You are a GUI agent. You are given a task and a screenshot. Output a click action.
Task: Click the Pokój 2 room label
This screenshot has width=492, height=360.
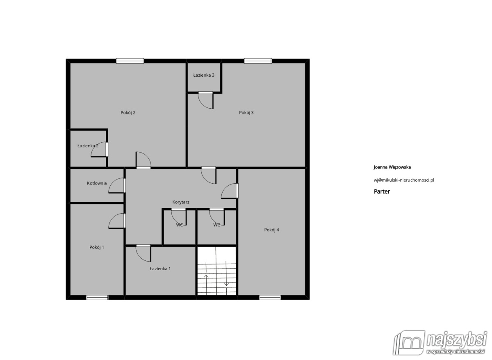[x=128, y=113]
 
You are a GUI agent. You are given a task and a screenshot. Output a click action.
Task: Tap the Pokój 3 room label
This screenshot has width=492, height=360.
[x=246, y=113]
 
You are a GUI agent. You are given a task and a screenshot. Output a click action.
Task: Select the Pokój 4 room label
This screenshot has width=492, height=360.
[x=271, y=230]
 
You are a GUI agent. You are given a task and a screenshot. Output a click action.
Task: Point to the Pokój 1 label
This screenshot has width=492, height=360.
[x=97, y=247]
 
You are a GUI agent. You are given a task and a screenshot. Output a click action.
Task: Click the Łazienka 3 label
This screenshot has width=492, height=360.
[x=204, y=75]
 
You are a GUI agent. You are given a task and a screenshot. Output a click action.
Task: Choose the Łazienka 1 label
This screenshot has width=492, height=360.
[x=160, y=269]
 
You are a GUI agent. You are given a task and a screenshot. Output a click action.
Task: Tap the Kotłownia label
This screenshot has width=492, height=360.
[x=97, y=183]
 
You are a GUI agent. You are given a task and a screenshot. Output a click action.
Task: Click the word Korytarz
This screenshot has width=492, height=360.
[x=181, y=202]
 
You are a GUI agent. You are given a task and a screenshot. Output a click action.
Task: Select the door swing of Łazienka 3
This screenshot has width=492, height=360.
[x=205, y=100]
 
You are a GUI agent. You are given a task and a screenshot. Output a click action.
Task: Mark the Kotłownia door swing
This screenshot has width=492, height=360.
[x=117, y=186]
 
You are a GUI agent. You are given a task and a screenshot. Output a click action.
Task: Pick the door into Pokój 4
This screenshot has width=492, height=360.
[x=230, y=191]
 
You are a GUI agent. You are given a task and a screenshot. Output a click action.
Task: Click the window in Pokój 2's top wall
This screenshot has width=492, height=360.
[x=130, y=61]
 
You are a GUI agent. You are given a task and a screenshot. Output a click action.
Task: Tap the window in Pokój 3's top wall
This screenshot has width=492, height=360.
[x=258, y=61]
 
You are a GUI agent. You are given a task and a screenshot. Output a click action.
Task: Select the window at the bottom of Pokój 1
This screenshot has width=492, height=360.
[x=97, y=298]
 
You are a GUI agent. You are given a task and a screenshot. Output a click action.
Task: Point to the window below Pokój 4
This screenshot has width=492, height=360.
[x=270, y=298]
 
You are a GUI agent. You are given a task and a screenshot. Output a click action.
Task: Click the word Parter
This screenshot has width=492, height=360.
[x=382, y=191]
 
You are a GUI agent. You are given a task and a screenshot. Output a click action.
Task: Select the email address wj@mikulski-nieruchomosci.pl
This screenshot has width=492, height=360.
[x=404, y=180]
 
